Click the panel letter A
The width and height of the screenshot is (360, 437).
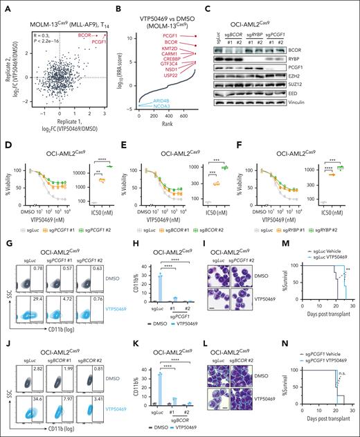pos(5,5)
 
